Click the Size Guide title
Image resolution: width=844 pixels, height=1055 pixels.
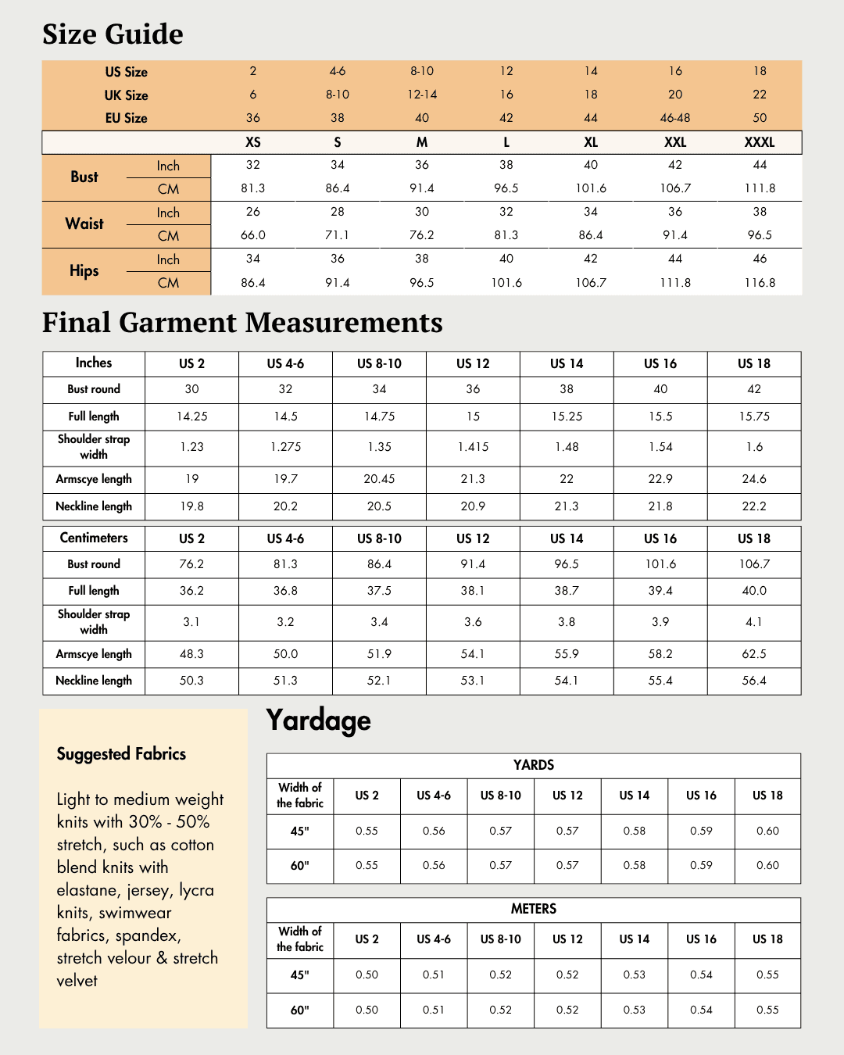point(113,34)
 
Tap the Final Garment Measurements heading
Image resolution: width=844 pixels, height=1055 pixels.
point(242,323)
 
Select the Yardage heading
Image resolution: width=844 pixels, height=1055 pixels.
point(318,720)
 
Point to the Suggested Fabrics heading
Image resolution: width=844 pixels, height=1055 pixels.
point(121,754)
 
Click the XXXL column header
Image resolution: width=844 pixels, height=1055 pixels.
point(760,142)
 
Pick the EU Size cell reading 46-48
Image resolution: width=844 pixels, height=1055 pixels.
point(675,118)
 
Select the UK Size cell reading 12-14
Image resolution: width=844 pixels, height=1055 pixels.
point(422,95)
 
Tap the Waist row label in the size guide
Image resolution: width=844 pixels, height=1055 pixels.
point(84,224)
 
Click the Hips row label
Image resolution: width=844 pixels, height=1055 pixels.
point(84,270)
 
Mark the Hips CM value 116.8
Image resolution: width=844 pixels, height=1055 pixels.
point(760,283)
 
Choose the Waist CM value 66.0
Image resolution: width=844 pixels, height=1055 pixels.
point(253,235)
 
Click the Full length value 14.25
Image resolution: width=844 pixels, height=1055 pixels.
point(191,417)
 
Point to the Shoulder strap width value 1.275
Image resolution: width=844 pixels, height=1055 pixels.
point(285,447)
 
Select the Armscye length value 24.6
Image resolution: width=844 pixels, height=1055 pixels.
point(754,479)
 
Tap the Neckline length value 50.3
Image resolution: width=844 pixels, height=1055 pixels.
point(191,681)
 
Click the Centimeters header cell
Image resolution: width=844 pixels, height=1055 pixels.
point(94,538)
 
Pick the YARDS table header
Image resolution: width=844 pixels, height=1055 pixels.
point(534,765)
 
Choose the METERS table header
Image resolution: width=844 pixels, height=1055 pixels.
point(534,909)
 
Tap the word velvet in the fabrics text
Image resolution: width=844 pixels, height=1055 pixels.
point(77,981)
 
